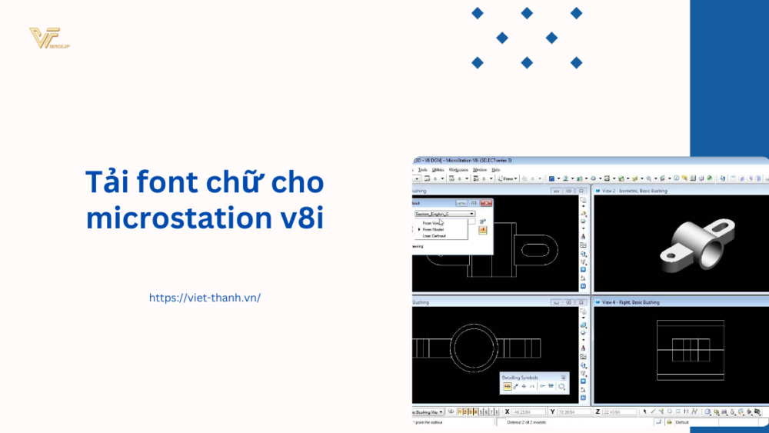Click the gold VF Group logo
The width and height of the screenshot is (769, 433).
coord(48,38)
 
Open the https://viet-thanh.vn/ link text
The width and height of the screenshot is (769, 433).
coord(205,298)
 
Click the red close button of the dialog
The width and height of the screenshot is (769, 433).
coord(486,202)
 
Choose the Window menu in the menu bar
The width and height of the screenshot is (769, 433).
coord(480,169)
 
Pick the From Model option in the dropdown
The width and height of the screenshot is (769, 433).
coord(433,229)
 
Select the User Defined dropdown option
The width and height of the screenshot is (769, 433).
coord(434,235)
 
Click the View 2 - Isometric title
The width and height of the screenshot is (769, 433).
coord(634,191)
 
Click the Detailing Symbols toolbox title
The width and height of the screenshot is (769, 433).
coord(521,378)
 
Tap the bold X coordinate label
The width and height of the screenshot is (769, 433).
coord(507,412)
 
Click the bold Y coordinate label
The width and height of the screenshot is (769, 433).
coord(553,412)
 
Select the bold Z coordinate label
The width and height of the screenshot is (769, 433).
coord(598,412)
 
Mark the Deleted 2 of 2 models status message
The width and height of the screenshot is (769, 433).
coord(528,422)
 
